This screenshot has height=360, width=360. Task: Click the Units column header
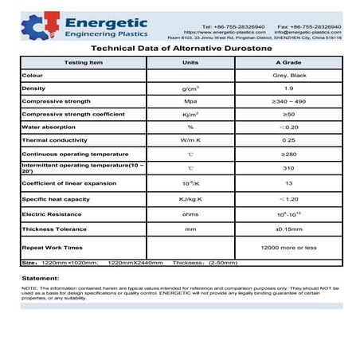coord(190,61)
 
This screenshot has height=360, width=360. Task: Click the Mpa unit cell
coord(190,101)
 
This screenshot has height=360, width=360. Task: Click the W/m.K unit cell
coord(190,139)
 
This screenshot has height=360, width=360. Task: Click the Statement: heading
coord(41,276)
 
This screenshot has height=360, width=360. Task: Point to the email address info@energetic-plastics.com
coord(307,32)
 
